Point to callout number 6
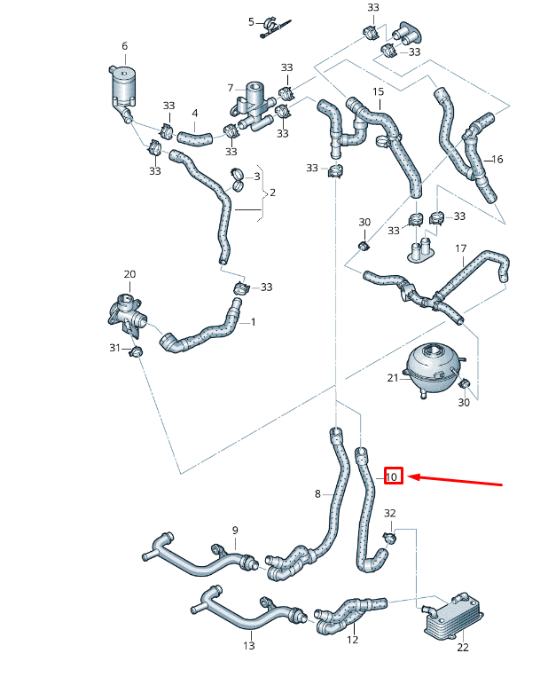click(124, 46)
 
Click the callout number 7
click(230, 88)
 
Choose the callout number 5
click(251, 21)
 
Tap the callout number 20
click(129, 274)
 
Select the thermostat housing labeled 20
click(127, 313)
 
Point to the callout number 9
click(235, 531)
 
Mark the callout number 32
click(390, 514)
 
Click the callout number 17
click(460, 248)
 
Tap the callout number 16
click(497, 160)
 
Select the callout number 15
click(378, 92)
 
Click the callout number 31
click(114, 348)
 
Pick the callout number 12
click(352, 639)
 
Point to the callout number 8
click(317, 493)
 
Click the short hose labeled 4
click(193, 138)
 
